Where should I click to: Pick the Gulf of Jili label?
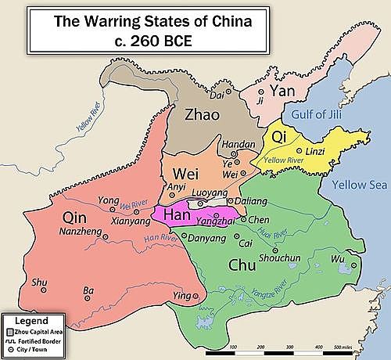[x=317, y=117]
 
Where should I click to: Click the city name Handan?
[x=239, y=145]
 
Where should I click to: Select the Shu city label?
[x=38, y=283]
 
